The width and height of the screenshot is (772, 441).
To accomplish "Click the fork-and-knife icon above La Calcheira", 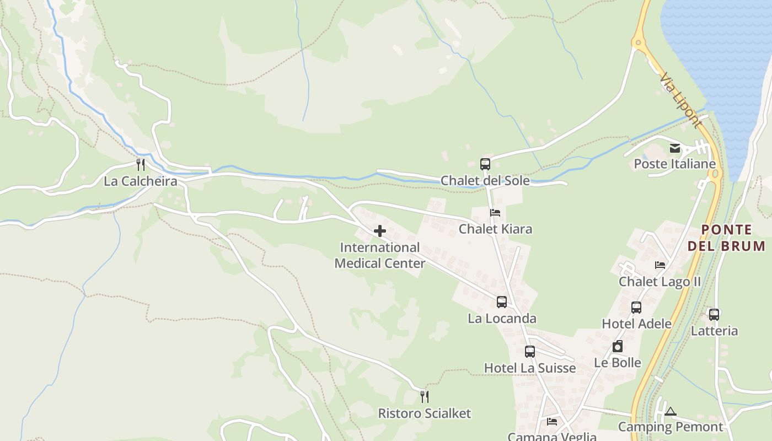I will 141,164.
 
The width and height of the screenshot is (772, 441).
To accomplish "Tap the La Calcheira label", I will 141,181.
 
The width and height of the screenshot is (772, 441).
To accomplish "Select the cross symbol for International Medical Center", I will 380,231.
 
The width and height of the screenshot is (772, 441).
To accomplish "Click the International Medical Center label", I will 380,255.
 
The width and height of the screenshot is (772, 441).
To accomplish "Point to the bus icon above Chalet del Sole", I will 485,164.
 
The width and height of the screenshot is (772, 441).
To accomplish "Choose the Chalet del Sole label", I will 485,181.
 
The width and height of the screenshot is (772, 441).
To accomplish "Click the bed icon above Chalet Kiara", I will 495,212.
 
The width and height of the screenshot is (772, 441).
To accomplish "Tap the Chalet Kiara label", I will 495,229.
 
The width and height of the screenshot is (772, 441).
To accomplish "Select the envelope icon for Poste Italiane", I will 675,148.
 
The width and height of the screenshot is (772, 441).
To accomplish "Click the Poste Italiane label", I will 674,164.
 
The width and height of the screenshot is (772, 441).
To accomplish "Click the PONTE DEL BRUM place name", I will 726,238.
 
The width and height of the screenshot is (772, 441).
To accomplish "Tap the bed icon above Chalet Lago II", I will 660,265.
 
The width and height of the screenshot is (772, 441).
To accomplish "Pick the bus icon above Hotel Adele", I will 636,307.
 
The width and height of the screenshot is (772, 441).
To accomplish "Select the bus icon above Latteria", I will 714,314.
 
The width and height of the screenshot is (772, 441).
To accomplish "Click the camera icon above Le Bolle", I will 618,346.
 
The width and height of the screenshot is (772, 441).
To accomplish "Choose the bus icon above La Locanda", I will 502,302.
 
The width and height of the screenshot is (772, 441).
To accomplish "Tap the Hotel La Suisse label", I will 529,368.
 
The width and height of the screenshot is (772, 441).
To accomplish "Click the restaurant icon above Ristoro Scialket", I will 425,396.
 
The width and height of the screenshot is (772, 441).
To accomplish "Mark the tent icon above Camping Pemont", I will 671,411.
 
